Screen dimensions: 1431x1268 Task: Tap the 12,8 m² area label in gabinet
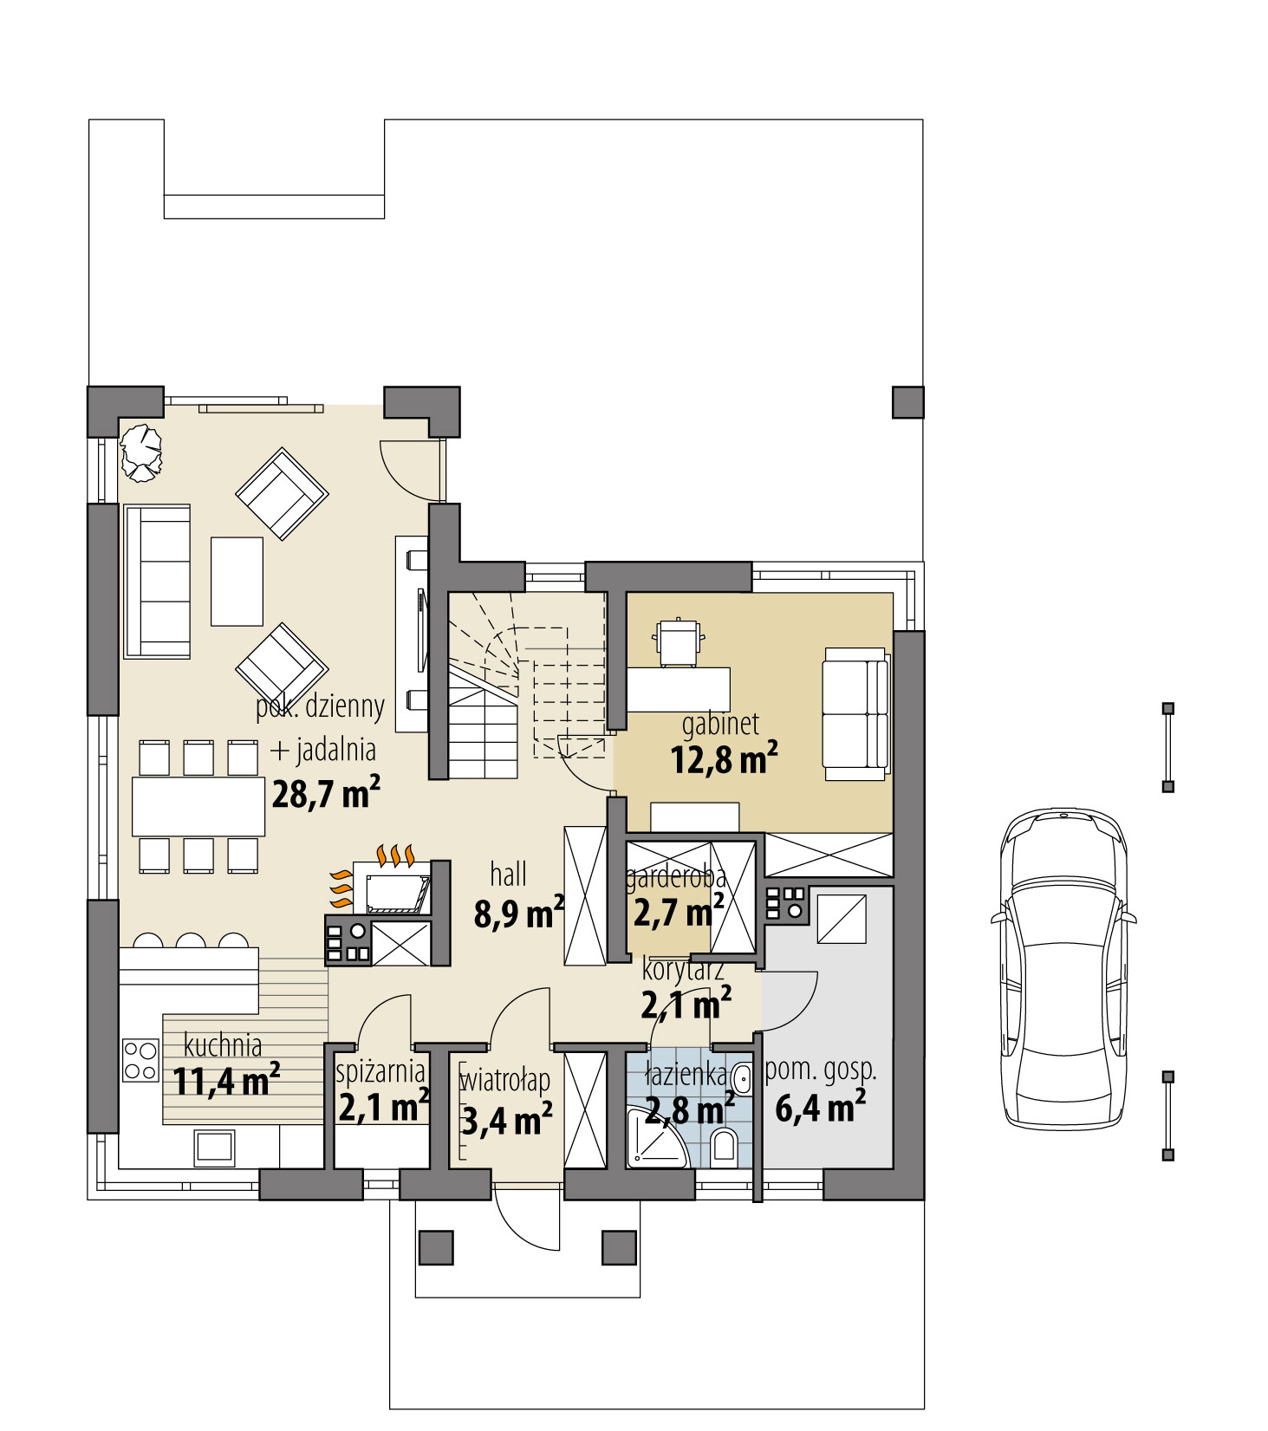(x=723, y=760)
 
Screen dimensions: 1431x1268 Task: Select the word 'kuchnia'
(x=223, y=1045)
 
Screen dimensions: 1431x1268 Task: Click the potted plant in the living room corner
(x=141, y=450)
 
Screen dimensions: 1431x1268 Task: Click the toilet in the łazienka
(x=722, y=1148)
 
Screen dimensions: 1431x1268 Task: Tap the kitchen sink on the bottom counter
(x=214, y=1148)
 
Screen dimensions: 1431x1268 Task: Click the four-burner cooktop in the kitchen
(x=140, y=1061)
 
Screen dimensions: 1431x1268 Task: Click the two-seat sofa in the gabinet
(x=855, y=713)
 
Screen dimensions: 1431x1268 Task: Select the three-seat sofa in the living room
(x=158, y=582)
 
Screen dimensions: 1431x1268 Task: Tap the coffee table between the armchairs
(x=237, y=581)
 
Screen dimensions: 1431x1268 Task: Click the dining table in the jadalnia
(x=198, y=806)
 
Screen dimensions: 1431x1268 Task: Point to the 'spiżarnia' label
(x=380, y=1072)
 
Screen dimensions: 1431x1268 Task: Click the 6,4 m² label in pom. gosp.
(x=819, y=1108)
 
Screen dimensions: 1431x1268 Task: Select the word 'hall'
(x=508, y=875)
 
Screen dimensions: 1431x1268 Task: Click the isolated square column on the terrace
(x=907, y=402)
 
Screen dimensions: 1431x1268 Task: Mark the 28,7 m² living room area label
(x=325, y=793)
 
